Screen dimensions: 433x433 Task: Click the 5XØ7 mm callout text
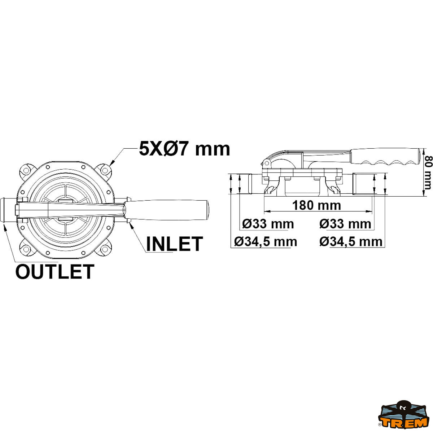(184, 148)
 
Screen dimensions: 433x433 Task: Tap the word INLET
(174, 244)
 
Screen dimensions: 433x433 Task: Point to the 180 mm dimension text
(316, 205)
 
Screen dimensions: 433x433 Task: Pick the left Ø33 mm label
(268, 224)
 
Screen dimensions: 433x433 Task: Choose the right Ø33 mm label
(345, 224)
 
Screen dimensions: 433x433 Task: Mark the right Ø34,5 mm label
(351, 241)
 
